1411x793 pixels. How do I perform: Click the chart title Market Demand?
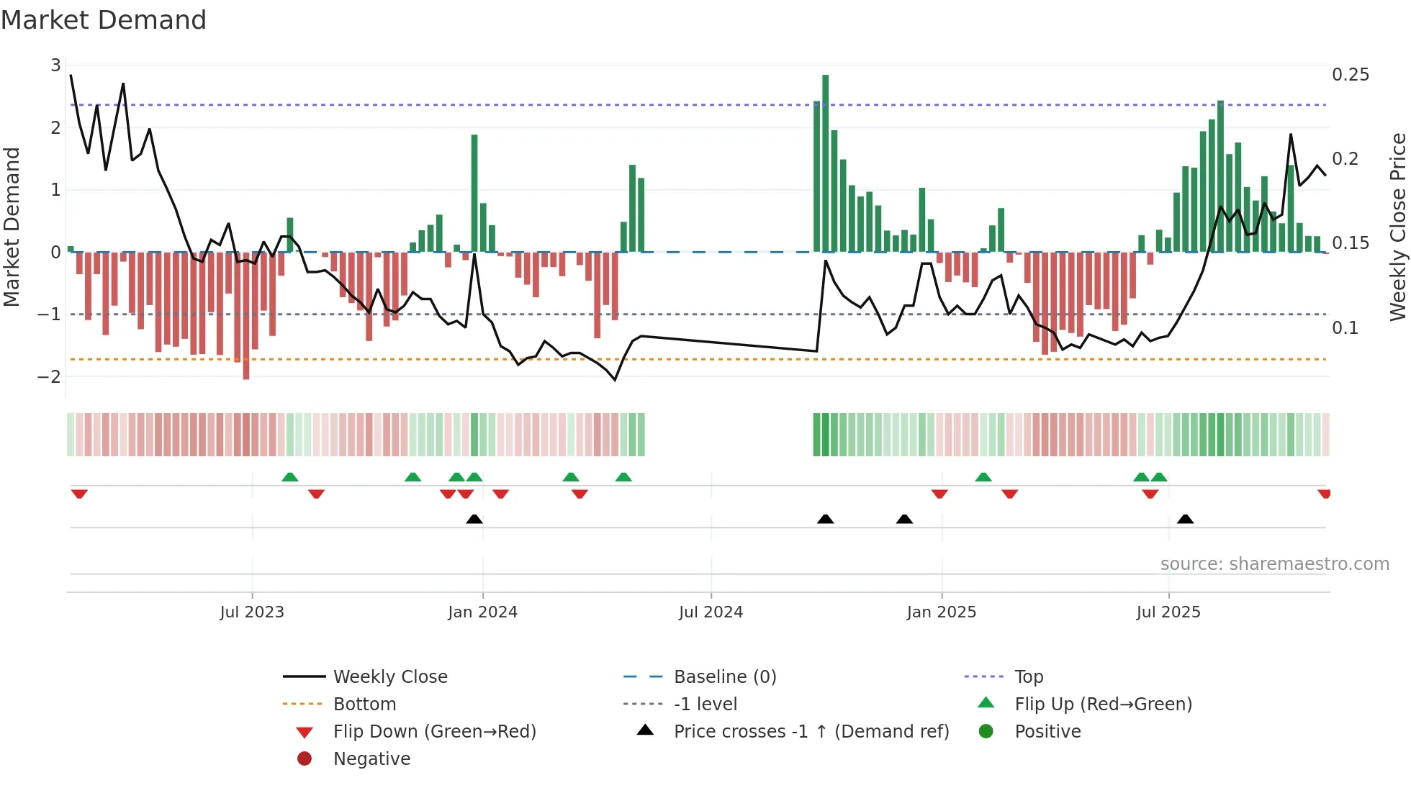tap(104, 20)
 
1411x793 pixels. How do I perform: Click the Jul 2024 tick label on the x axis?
tap(711, 612)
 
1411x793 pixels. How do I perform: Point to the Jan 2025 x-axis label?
tap(941, 612)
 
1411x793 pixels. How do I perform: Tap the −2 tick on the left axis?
tap(49, 376)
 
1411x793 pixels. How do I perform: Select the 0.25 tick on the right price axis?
tap(1350, 75)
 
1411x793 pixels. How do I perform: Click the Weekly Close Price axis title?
tap(1397, 227)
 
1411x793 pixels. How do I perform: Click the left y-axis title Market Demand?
tap(12, 227)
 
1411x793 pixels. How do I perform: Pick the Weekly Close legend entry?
tap(389, 677)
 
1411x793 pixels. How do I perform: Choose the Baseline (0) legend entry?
tap(724, 677)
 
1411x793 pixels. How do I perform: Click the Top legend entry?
tap(1028, 677)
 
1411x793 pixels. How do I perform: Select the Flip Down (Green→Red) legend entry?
tap(434, 732)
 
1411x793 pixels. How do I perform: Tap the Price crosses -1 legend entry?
tap(811, 732)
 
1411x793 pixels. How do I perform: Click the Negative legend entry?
tap(371, 759)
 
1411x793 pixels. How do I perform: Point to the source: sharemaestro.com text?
tap(1274, 564)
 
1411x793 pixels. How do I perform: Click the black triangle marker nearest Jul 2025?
tap(1185, 519)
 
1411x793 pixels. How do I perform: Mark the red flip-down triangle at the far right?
tap(1324, 494)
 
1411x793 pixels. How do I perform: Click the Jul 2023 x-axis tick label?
tap(252, 612)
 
